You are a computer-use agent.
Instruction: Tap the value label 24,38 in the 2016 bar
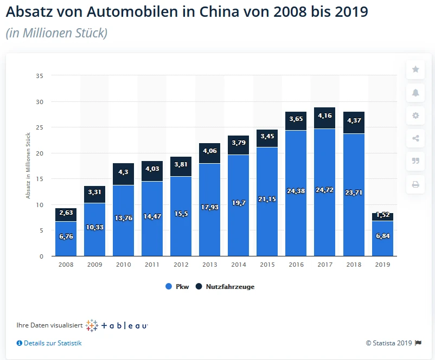pos(296,191)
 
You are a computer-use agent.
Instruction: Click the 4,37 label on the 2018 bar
pos(353,120)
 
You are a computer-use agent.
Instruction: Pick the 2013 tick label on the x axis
pos(209,265)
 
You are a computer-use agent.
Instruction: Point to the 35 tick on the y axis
pos(40,76)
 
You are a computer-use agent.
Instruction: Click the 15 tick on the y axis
pos(40,179)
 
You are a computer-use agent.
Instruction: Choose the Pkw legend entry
pos(177,287)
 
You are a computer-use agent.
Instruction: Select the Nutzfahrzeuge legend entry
pos(225,287)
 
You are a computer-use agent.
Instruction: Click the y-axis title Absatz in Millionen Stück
pos(28,166)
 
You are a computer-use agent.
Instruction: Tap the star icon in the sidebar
pos(415,69)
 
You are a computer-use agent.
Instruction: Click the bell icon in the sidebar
pos(415,93)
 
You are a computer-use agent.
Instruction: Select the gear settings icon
pos(415,115)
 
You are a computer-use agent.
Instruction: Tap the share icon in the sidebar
pos(415,138)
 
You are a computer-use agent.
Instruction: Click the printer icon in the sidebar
pos(415,184)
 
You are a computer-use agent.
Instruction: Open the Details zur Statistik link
pos(49,343)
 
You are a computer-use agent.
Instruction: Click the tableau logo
pos(117,325)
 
